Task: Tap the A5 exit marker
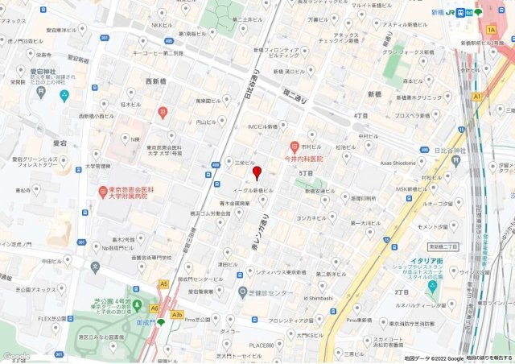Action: point(164,284)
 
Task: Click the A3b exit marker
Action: point(179,314)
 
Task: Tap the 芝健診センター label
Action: point(274,292)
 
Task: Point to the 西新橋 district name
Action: point(162,81)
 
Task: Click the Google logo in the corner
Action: point(16,356)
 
